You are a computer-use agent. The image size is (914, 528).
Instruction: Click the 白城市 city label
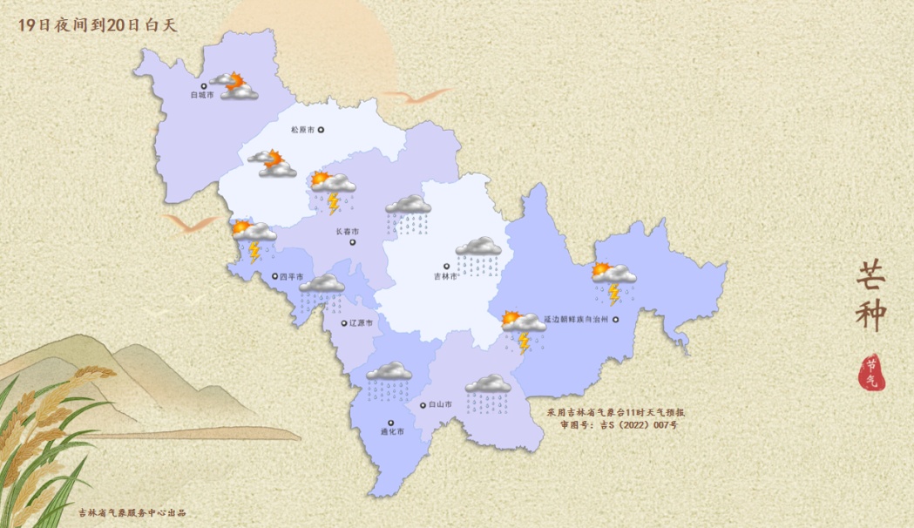(201, 96)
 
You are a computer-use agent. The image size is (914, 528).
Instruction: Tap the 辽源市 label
(360, 323)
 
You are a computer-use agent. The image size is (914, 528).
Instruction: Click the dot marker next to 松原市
(321, 130)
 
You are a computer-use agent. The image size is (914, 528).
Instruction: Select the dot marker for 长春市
(353, 242)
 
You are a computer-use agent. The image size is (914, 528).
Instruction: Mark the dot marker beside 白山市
(423, 404)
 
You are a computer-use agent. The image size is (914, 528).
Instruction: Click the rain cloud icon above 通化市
(389, 381)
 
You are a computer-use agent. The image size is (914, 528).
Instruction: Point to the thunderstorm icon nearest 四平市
(253, 240)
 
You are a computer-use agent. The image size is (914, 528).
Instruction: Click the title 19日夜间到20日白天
(97, 25)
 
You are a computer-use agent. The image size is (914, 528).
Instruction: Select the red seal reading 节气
(870, 372)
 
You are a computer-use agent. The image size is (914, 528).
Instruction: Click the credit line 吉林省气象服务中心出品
(132, 513)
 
